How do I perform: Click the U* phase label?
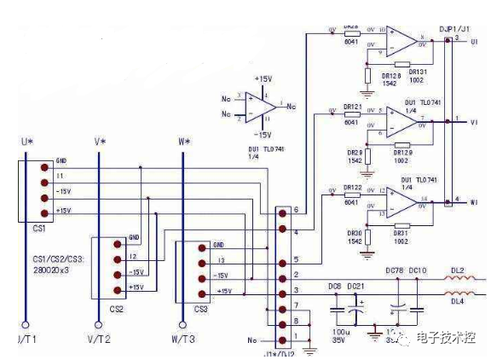pos(27,141)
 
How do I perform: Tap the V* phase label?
pos(100,141)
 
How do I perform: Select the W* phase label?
pos(184,141)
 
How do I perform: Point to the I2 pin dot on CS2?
pos(117,255)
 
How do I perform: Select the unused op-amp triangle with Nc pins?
pos(260,107)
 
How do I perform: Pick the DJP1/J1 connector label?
pos(452,28)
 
